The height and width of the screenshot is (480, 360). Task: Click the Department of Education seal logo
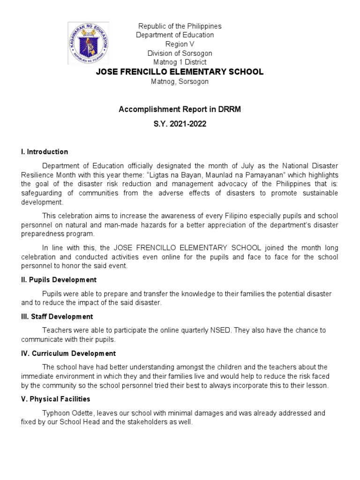(x=89, y=43)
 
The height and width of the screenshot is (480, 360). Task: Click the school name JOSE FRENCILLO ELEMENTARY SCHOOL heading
(x=180, y=72)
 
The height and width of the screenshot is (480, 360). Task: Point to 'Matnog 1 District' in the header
(x=180, y=62)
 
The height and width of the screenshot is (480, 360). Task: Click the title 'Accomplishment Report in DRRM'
(x=180, y=109)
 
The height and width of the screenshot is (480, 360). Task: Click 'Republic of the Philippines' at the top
(x=180, y=26)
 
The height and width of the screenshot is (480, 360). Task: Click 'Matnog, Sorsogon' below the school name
(x=180, y=82)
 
